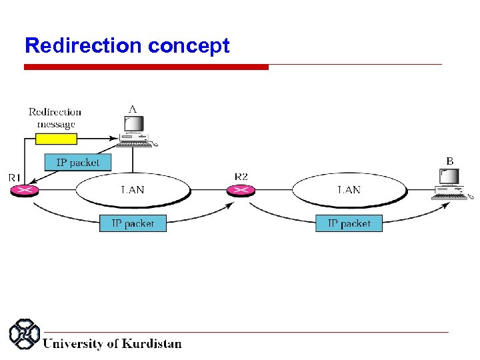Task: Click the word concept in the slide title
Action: [189, 47]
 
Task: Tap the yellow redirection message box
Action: [56, 139]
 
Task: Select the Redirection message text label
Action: [55, 118]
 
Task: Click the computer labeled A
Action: [134, 131]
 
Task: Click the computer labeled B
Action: [450, 184]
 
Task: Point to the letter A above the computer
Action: [133, 108]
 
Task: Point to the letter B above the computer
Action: [449, 161]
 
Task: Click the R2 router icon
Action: [240, 191]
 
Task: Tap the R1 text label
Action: [15, 177]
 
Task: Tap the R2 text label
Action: [241, 177]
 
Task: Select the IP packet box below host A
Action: [78, 162]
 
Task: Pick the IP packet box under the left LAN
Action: [133, 223]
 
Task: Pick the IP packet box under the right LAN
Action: [349, 223]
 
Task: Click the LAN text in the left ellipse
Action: [132, 190]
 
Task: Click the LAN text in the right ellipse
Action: [349, 190]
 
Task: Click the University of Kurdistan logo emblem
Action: [24, 335]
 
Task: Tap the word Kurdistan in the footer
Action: [151, 344]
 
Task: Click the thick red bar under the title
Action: [146, 67]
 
